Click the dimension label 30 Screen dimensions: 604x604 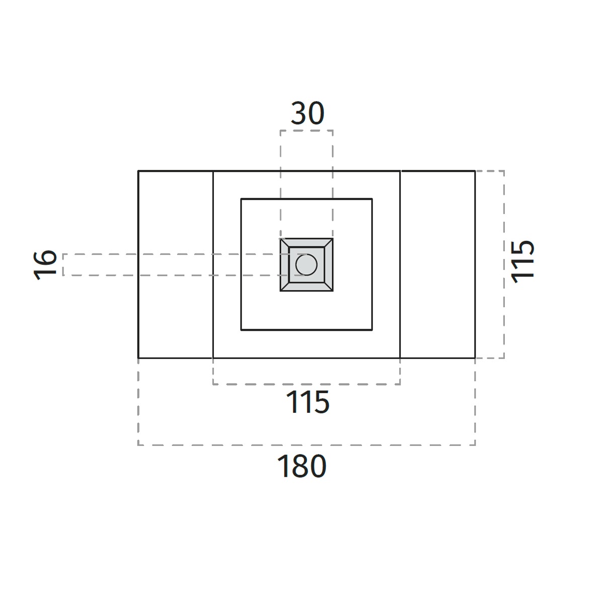[x=308, y=113]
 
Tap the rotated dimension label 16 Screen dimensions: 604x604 [x=45, y=265]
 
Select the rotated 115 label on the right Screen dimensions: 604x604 [x=522, y=262]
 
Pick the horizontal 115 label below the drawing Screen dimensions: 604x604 [x=308, y=402]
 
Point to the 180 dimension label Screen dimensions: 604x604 [x=301, y=466]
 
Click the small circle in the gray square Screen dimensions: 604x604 [x=306, y=265]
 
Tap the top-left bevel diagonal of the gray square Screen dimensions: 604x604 [x=284, y=243]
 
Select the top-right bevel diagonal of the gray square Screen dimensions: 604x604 [x=329, y=243]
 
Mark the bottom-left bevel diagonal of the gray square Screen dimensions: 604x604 [x=284, y=287]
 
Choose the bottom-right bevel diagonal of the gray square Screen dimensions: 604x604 [x=329, y=287]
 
